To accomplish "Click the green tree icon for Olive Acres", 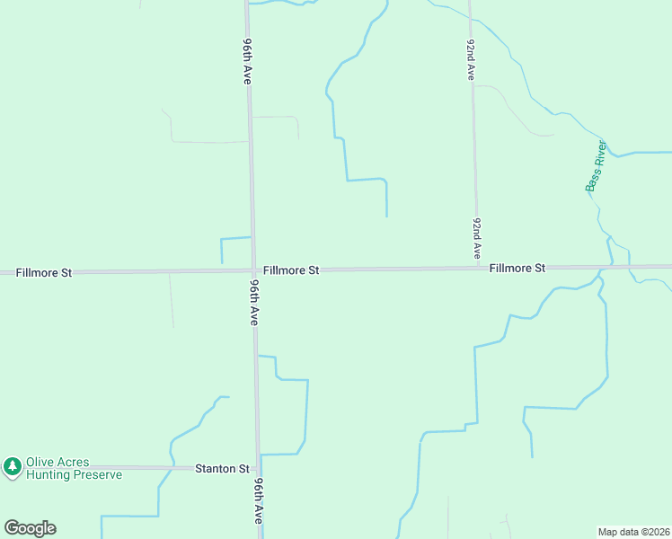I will click(x=12, y=466).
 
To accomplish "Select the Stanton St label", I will click(x=222, y=469).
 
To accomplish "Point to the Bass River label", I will click(x=596, y=166).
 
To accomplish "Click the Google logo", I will click(x=30, y=528).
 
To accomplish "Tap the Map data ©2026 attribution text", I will click(x=633, y=531).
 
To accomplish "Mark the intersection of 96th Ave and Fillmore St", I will click(x=252, y=270).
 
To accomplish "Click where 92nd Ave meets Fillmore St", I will click(x=475, y=268).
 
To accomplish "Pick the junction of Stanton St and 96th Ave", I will click(x=259, y=468).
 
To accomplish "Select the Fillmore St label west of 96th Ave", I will click(x=36, y=271).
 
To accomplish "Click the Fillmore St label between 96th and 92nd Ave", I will click(x=291, y=269).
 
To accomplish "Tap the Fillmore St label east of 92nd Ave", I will click(x=517, y=268).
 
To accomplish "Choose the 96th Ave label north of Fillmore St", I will click(x=246, y=61).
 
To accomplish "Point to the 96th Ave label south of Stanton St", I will click(x=258, y=500).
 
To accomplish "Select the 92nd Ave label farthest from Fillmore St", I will click(x=470, y=60).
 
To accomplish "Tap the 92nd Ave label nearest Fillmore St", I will click(x=477, y=238).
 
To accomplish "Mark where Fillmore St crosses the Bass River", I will click(x=613, y=267).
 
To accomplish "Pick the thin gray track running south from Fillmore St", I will click(x=172, y=301).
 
